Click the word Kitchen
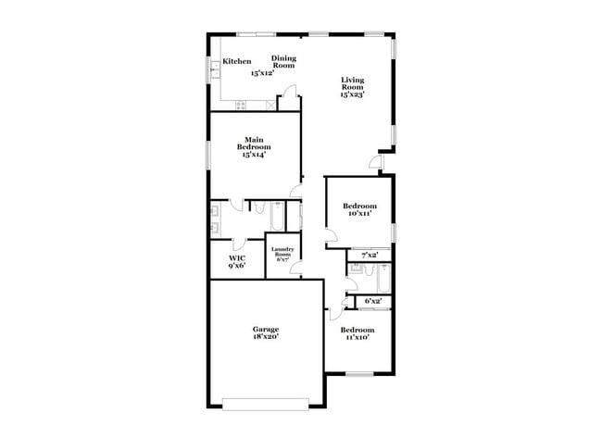coord(237,61)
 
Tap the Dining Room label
coord(283,62)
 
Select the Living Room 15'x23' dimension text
coord(352,94)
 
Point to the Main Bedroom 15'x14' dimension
coord(254,155)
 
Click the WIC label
coord(237,258)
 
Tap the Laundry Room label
coord(282,252)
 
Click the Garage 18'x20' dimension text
coord(266,337)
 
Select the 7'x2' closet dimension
coord(370,256)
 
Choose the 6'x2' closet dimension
coord(373,301)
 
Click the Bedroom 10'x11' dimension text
coord(359,213)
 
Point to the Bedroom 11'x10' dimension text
coord(357,337)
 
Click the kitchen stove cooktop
coord(241,106)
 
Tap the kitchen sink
coord(215,69)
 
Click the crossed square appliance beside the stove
coord(271,106)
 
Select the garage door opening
coord(266,405)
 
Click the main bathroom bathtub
coord(277,216)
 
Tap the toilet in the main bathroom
coord(258,207)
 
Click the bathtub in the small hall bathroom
coord(384,279)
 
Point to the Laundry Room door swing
coord(295,268)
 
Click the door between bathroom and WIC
coord(239,243)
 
